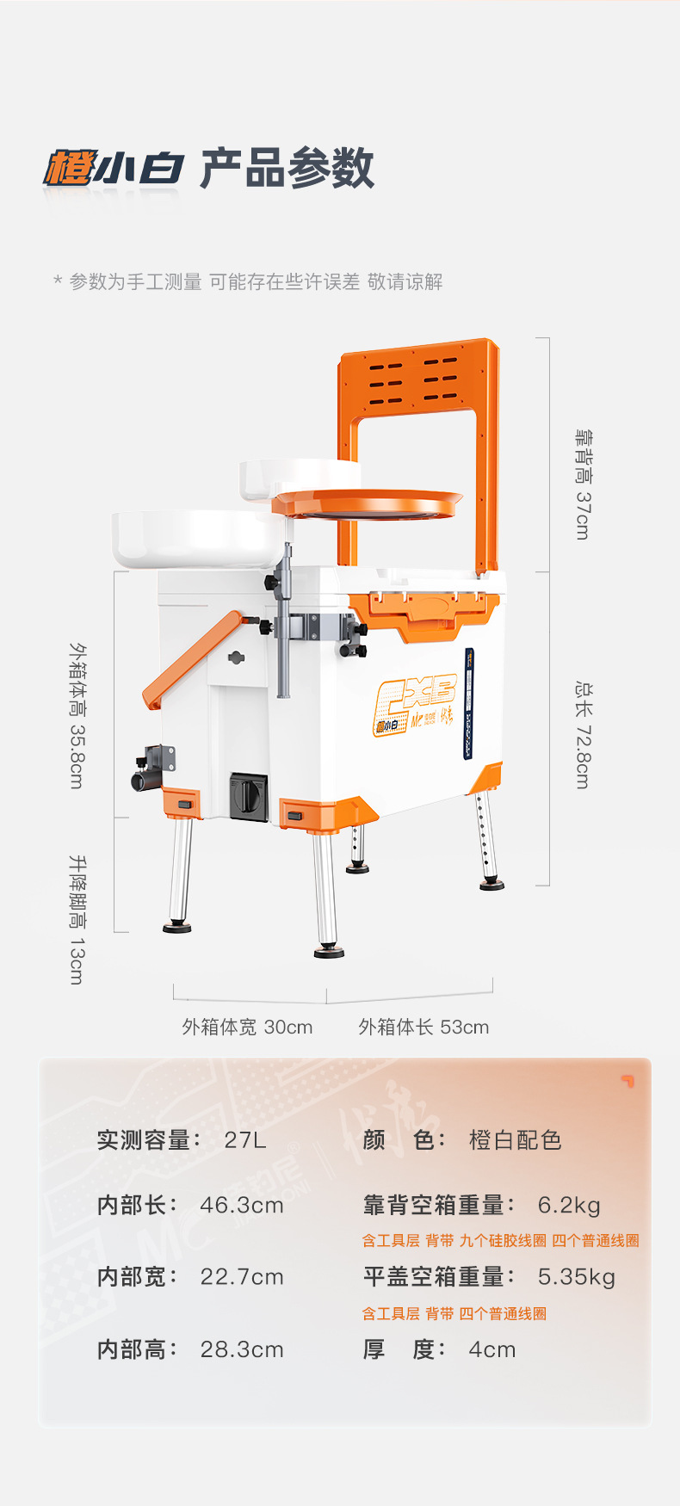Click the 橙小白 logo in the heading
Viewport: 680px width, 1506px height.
(113, 169)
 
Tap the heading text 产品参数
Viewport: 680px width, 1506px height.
(287, 169)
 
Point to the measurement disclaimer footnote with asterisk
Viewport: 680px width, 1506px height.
(248, 281)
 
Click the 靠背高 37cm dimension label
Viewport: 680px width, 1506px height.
(583, 485)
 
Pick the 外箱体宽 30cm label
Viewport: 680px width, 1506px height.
(247, 1027)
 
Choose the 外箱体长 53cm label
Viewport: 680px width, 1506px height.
(423, 1027)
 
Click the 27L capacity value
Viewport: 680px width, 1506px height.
(245, 1140)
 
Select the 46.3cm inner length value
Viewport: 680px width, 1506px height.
(242, 1205)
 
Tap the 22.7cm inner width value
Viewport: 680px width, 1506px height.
(242, 1276)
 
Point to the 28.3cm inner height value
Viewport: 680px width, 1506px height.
(242, 1349)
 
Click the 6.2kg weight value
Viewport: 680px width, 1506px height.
(569, 1205)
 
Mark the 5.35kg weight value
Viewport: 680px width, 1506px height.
(577, 1276)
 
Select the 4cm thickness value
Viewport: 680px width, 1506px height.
(492, 1349)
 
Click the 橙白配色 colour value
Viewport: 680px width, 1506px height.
(515, 1140)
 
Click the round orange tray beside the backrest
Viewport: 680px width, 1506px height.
(368, 503)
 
